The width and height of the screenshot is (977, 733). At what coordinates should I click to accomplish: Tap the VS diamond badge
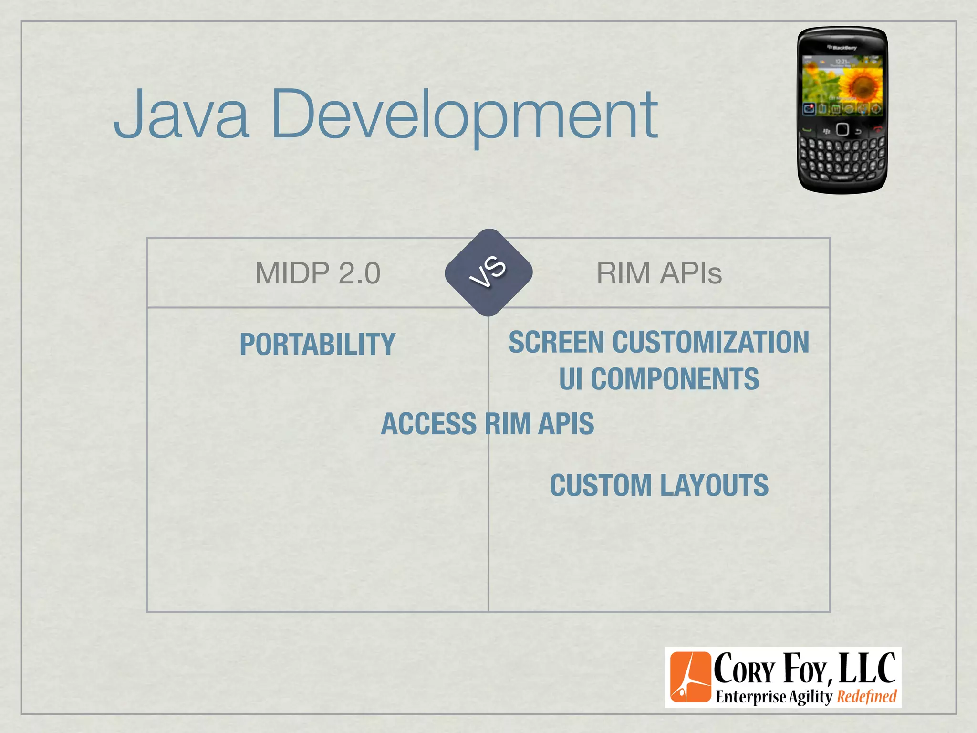point(488,272)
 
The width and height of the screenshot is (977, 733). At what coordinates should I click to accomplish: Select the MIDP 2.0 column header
point(318,273)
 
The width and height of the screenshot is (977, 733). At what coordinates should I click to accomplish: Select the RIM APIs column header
point(659,273)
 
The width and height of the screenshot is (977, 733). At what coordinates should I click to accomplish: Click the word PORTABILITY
point(317,344)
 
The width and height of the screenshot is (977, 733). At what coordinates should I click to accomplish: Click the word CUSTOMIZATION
point(711,342)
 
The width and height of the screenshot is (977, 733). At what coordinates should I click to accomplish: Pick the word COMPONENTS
point(675,379)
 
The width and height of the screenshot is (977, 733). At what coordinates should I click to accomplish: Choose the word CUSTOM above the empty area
point(601,485)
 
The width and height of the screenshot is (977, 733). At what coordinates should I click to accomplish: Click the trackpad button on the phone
point(842,129)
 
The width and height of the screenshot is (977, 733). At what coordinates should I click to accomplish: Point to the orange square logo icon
point(690,677)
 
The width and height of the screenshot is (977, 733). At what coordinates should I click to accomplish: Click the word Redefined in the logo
point(867,697)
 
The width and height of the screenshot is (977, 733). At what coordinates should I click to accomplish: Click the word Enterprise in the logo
point(750,697)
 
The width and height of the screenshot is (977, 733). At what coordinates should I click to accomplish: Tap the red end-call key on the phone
point(877,129)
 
